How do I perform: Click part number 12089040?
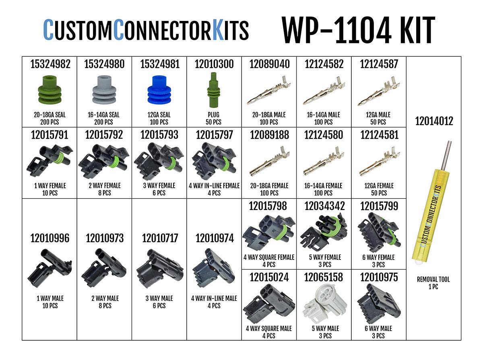(269, 64)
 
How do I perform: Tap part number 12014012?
(434, 121)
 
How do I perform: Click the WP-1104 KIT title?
(358, 31)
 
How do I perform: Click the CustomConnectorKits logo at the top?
(146, 31)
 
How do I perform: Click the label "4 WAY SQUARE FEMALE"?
(269, 257)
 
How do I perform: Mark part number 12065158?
(324, 277)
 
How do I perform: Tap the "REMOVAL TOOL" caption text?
(433, 280)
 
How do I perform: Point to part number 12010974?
(214, 239)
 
